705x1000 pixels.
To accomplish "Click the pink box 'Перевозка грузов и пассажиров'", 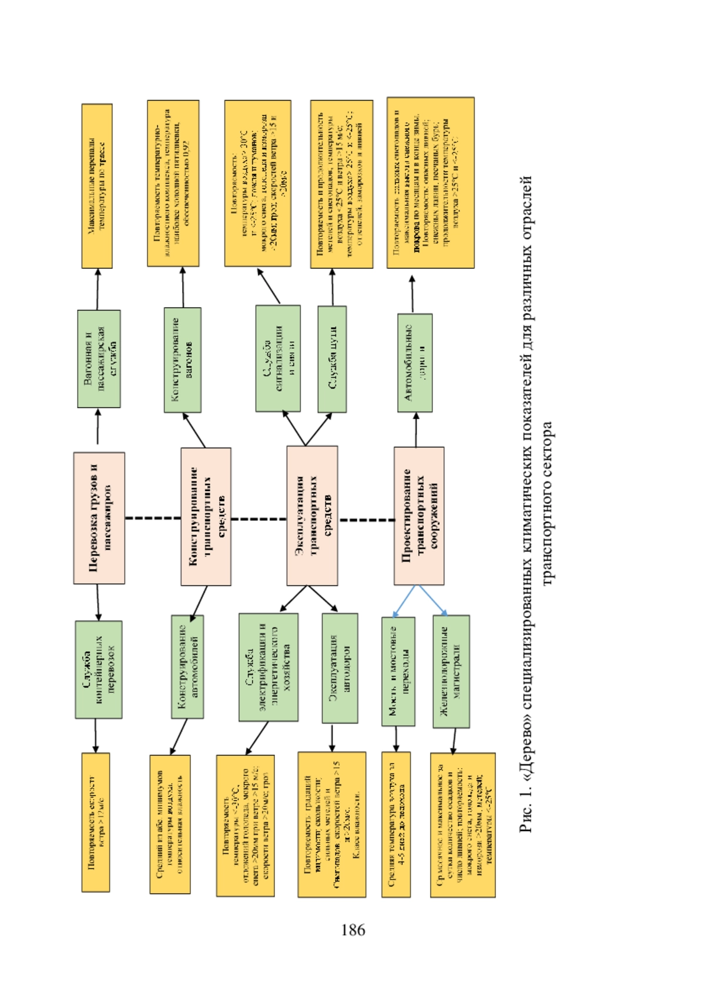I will [x=99, y=517].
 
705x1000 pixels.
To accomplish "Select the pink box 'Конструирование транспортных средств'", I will [x=206, y=516].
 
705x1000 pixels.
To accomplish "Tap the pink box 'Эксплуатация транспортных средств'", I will [x=312, y=515].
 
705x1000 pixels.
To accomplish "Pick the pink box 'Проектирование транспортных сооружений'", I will [x=419, y=516].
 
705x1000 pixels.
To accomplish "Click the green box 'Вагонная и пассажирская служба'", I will [x=99, y=359].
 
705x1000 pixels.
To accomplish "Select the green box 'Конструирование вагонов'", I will [x=183, y=359].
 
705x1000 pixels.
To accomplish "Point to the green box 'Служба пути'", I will [x=332, y=359].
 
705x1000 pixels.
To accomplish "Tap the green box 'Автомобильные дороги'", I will [x=415, y=362].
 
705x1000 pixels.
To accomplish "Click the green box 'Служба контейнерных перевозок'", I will [x=99, y=669].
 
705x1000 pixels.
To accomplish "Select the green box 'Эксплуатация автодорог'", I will [x=340, y=668].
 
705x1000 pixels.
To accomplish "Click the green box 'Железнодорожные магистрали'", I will [x=451, y=671].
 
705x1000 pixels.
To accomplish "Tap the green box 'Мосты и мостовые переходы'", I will [x=398, y=671].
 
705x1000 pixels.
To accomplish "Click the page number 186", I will [x=352, y=930].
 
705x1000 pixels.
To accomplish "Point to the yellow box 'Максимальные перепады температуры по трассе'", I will [x=97, y=186].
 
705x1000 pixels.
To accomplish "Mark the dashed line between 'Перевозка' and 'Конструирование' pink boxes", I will [x=153, y=518].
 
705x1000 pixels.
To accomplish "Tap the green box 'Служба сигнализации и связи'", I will [x=278, y=358].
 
